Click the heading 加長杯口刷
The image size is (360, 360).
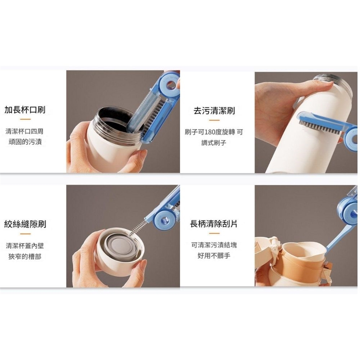pos(25,110)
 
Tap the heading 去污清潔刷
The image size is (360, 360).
pos(214,111)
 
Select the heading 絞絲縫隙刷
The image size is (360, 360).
pos(25,224)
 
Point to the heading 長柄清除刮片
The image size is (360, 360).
pos(214,223)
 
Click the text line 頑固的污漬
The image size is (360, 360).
pos(25,142)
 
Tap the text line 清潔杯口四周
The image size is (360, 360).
pos(25,132)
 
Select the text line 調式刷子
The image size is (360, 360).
pos(214,143)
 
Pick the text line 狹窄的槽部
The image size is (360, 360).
pos(25,256)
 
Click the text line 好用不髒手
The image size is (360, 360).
pos(214,255)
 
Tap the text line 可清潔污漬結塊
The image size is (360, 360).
pos(214,245)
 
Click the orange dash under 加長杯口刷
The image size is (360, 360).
pos(25,119)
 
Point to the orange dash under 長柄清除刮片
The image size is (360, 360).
pos(214,233)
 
